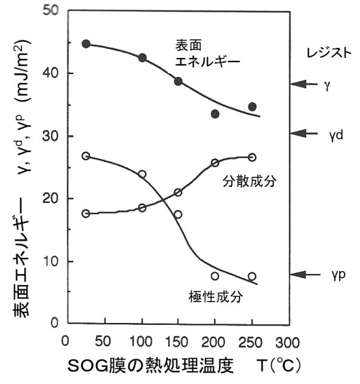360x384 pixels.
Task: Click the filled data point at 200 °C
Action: (215, 113)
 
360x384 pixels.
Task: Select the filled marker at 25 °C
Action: (86, 44)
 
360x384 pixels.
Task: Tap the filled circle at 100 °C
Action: (142, 58)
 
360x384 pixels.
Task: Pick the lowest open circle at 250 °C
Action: (252, 277)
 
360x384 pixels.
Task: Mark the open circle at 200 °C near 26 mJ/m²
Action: (215, 162)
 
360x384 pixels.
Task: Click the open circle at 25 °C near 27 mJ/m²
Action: (86, 156)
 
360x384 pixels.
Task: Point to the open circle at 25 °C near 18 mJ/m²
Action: (86, 213)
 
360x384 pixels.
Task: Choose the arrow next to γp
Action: (305, 275)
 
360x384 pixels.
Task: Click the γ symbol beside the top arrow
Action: (327, 85)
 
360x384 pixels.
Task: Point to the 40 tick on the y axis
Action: (56, 73)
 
